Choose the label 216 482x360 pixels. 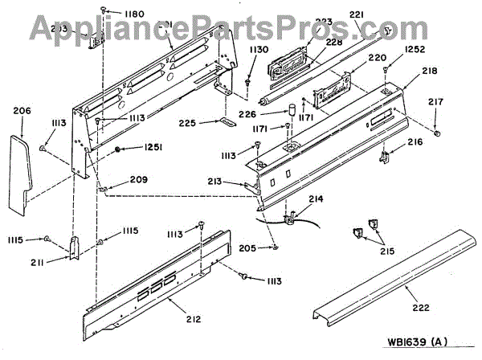(415, 141)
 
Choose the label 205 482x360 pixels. (247, 248)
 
